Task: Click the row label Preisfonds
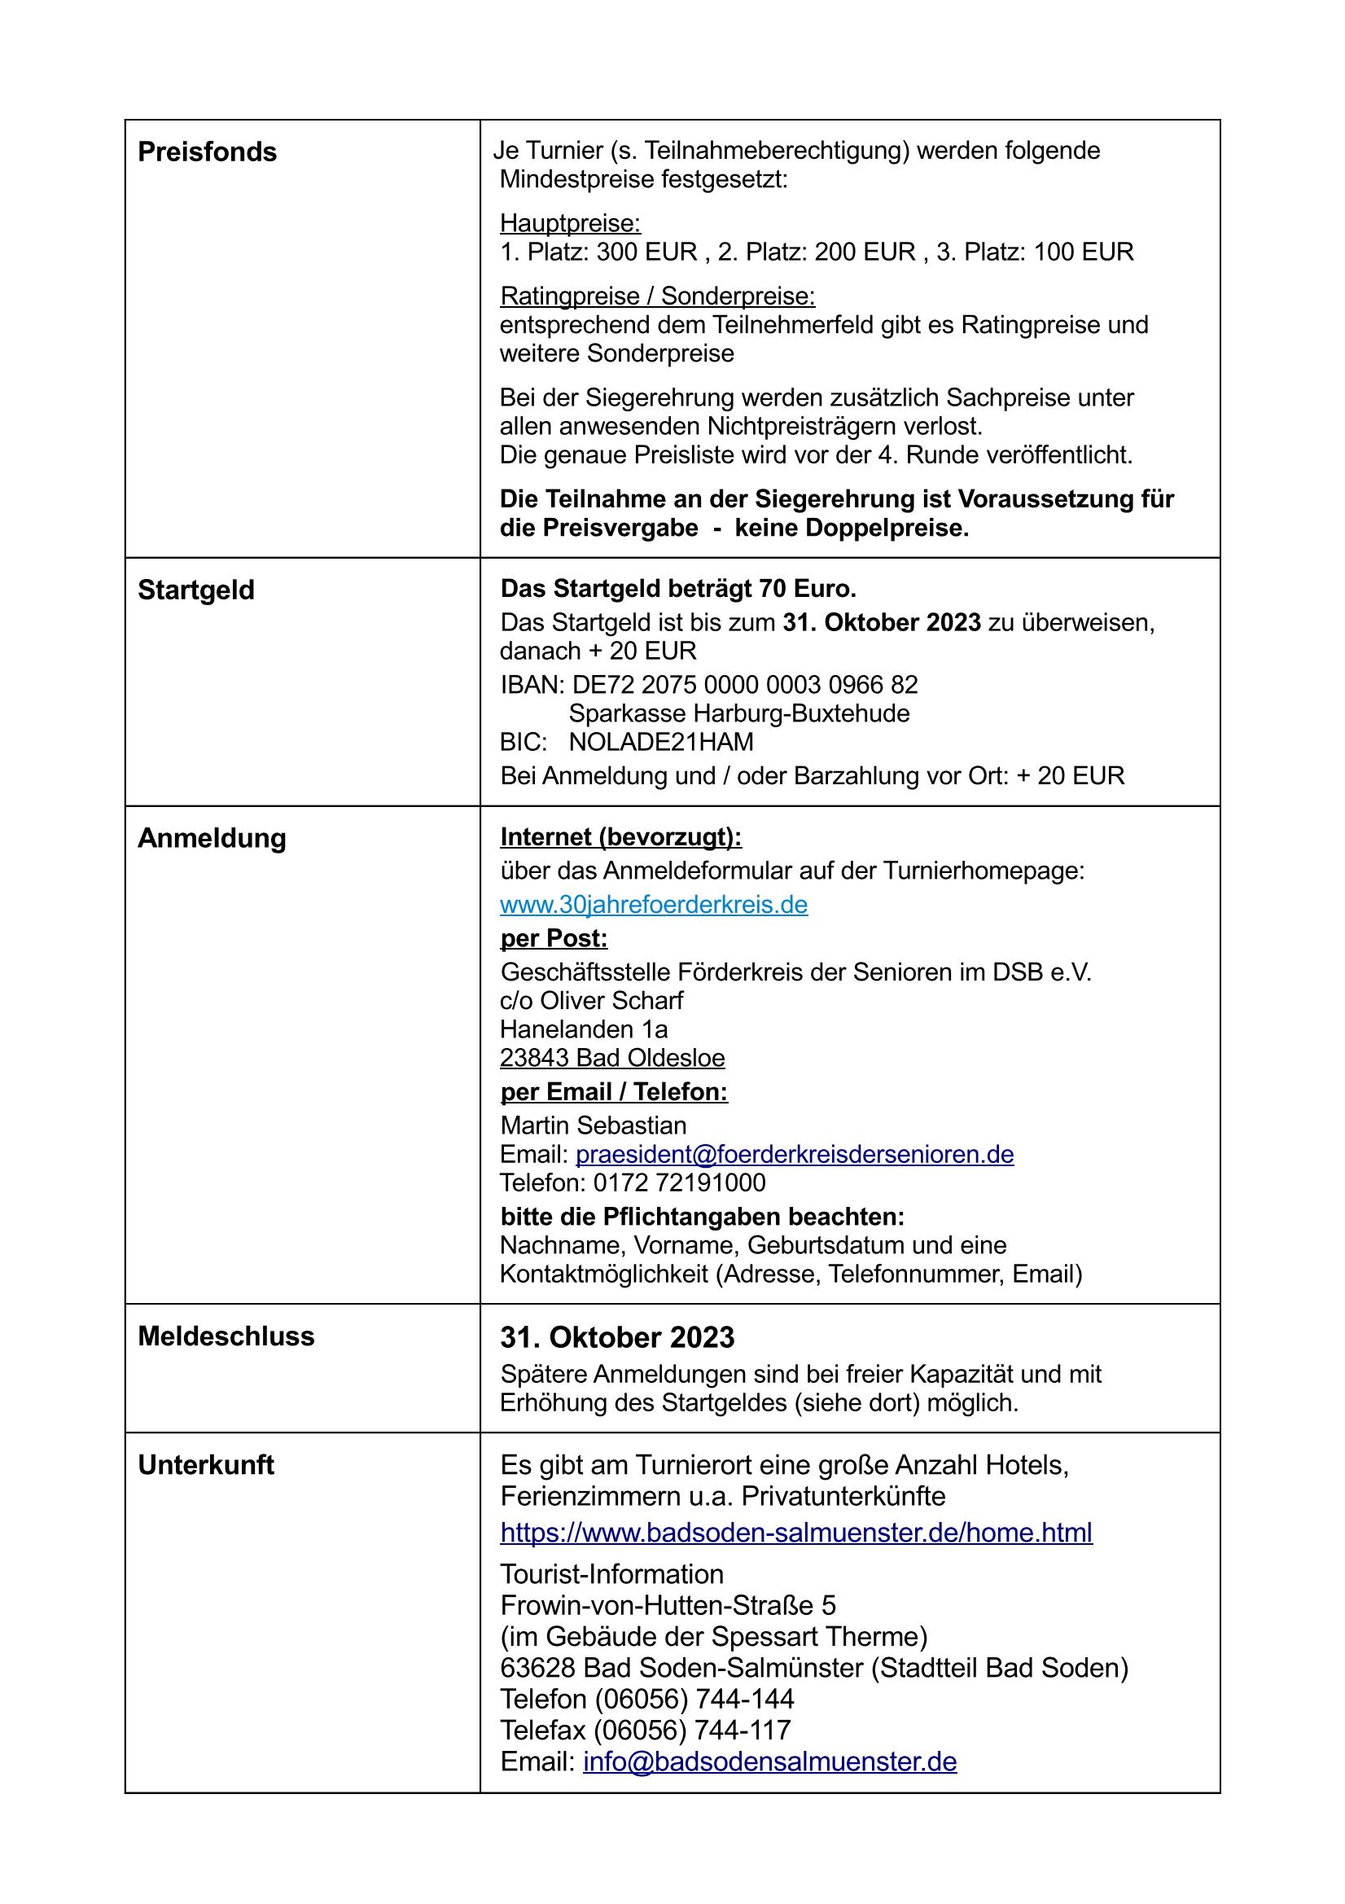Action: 207,151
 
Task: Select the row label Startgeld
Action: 195,590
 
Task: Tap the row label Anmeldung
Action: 212,837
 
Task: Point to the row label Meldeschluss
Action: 226,1336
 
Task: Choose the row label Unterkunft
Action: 206,1464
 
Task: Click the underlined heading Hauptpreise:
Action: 570,223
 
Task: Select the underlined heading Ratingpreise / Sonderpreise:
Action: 658,296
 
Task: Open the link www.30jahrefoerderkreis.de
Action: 654,904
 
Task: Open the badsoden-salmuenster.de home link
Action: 796,1532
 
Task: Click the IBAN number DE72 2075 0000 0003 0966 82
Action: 745,684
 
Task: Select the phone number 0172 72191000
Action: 679,1182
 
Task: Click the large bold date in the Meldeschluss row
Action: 617,1338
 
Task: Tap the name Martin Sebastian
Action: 593,1125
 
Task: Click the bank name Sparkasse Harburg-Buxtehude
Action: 738,713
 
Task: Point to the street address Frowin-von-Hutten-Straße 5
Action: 668,1605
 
